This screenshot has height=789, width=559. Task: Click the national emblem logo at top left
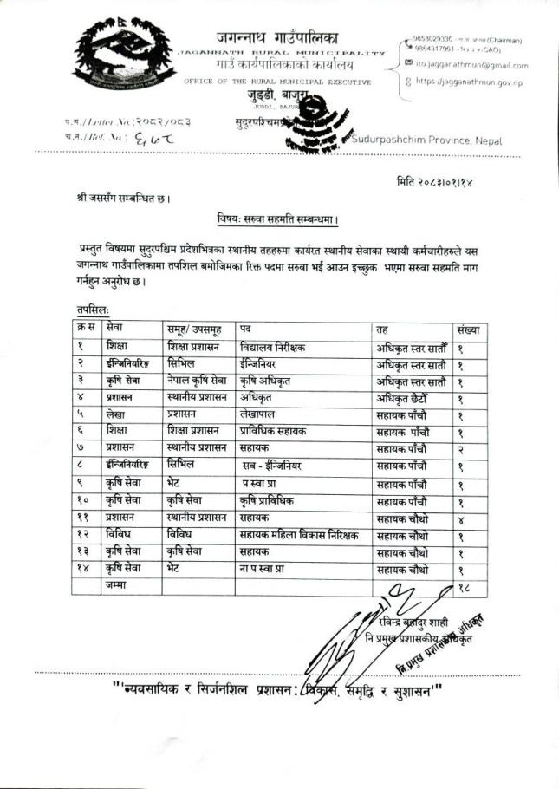click(121, 66)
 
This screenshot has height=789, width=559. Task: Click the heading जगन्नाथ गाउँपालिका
click(279, 38)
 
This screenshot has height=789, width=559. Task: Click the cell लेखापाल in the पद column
click(261, 414)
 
